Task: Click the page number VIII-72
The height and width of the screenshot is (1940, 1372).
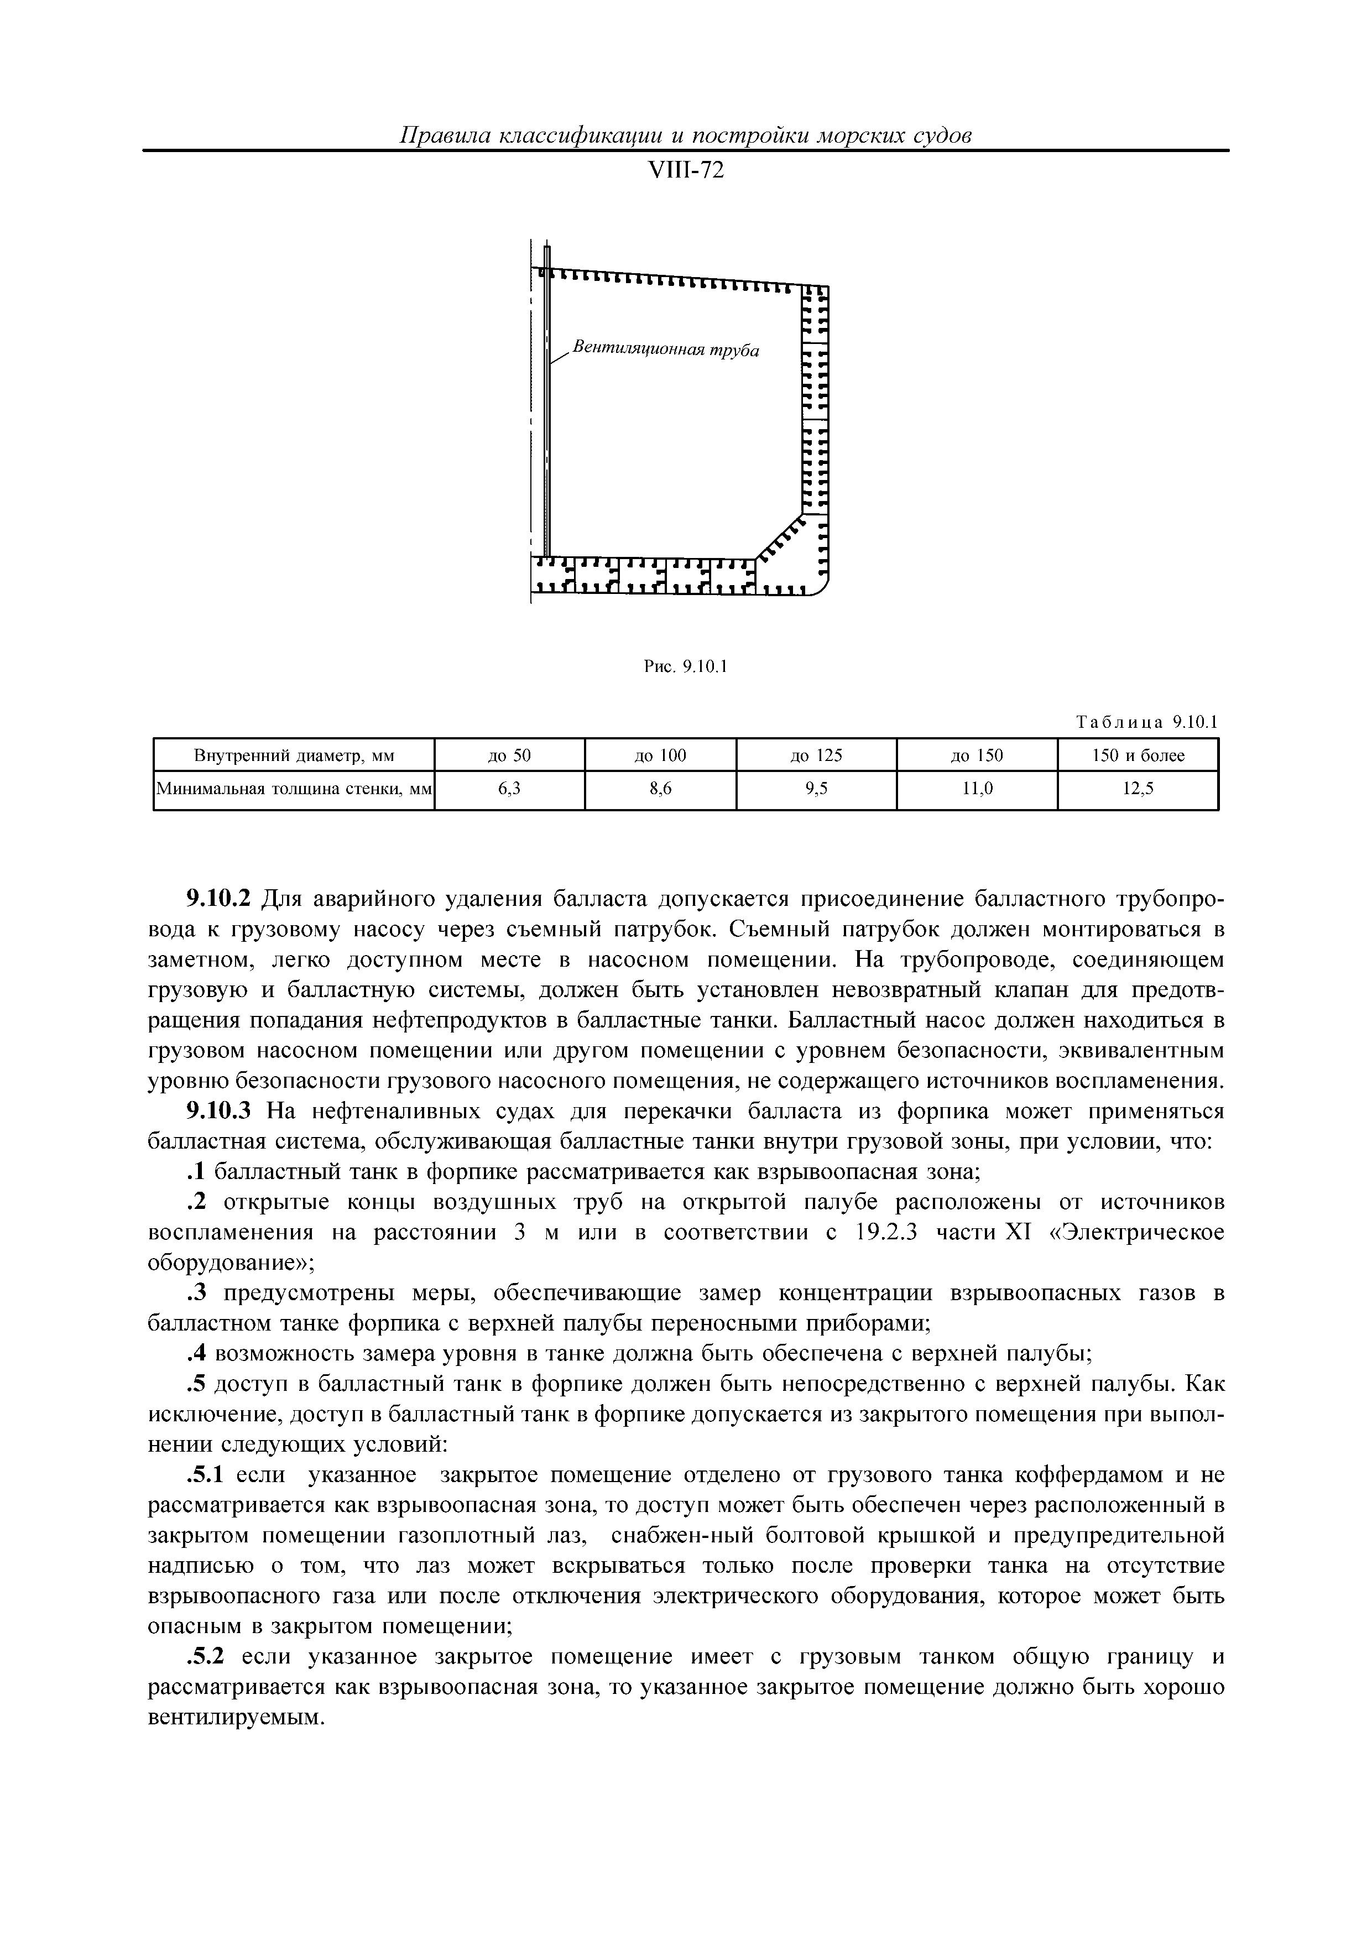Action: point(685,171)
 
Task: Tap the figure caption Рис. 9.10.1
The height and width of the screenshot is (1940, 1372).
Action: point(685,666)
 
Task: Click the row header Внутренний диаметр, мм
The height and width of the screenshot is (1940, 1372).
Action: point(294,755)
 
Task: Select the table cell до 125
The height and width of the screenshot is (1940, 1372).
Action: point(816,755)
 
